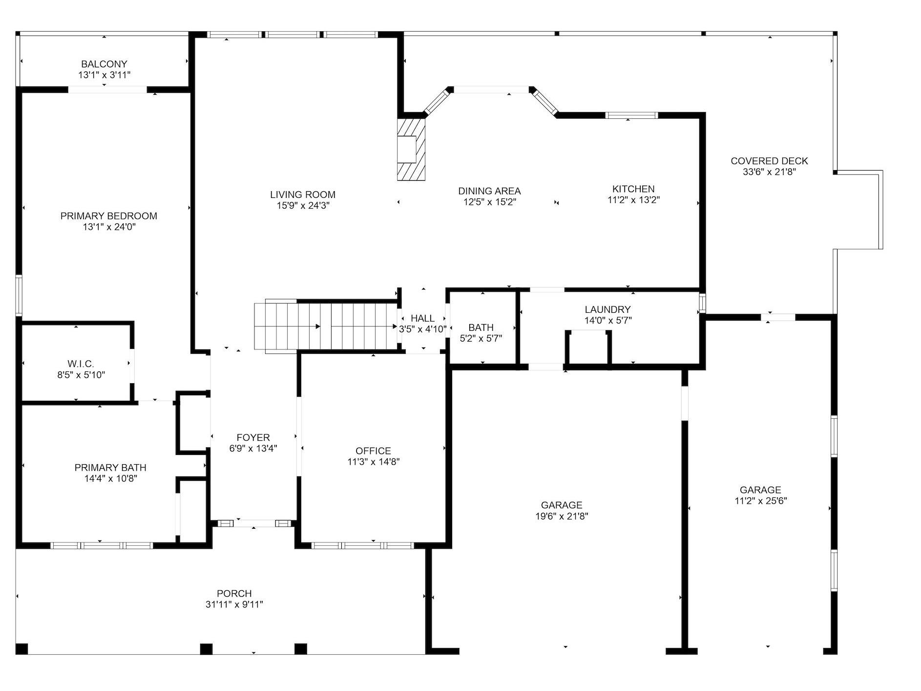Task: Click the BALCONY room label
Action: point(104,64)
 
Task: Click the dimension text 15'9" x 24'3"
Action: point(303,206)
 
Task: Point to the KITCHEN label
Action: point(633,189)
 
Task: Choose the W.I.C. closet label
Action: point(81,364)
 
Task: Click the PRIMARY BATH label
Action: point(110,468)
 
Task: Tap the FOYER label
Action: point(253,438)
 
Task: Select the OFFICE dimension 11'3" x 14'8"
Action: point(373,462)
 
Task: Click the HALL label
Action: point(422,318)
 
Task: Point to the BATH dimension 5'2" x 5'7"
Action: point(481,338)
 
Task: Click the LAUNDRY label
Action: point(607,309)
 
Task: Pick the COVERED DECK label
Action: point(769,161)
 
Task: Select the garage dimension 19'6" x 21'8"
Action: point(562,516)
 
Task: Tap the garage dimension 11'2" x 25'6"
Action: point(760,501)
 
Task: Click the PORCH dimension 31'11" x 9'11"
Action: point(234,605)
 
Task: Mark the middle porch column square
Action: point(206,649)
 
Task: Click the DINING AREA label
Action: point(489,191)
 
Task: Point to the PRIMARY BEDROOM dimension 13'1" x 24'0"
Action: point(109,227)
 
